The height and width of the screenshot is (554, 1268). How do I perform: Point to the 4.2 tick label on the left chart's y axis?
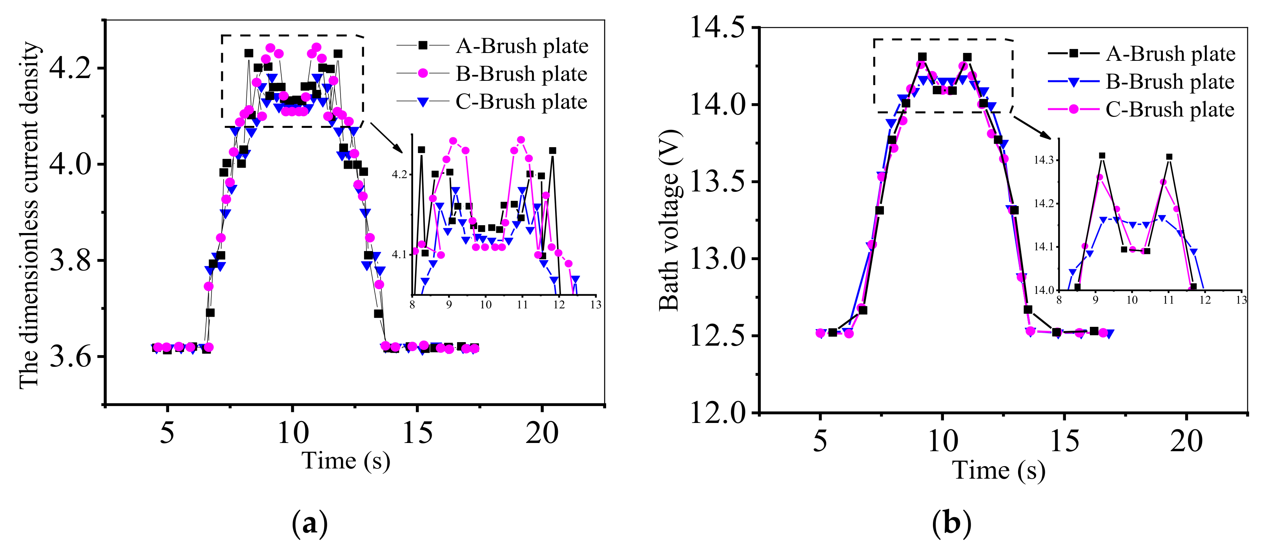70,67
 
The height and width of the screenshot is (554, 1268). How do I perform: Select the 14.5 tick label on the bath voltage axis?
717,27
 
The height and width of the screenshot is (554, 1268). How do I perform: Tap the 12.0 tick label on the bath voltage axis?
717,413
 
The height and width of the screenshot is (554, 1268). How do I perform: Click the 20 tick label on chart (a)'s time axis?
542,433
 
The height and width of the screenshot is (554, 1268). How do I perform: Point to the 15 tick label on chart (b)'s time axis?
1064,441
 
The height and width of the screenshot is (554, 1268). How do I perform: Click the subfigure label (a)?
310,524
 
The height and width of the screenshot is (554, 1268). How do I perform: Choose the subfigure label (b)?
951,524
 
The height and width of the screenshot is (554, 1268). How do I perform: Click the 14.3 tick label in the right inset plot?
1044,160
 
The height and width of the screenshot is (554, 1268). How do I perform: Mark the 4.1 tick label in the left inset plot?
399,255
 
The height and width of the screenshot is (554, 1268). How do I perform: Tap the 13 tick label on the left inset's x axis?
596,305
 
